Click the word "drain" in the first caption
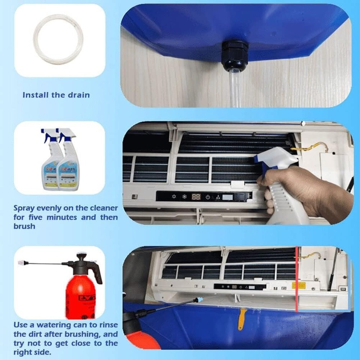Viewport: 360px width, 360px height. (78, 95)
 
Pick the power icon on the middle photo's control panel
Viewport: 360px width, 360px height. (208, 197)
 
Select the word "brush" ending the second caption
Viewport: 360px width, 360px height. (24, 226)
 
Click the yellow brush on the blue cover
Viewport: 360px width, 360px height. (242, 319)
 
